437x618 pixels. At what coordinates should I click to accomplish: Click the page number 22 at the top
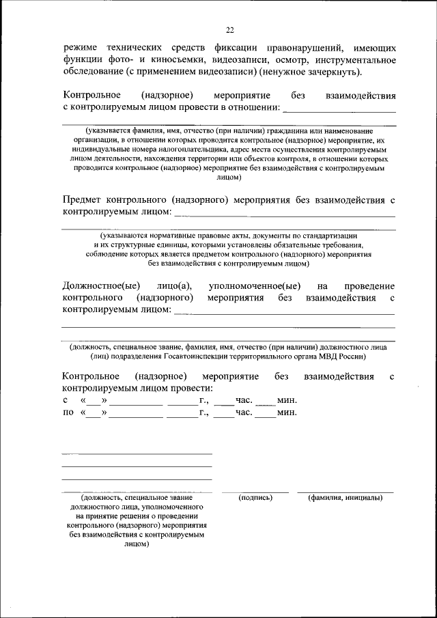click(229, 30)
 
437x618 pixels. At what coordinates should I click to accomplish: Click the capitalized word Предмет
click(82, 200)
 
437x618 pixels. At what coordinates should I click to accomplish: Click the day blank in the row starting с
click(94, 400)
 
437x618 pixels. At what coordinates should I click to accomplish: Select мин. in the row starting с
click(287, 400)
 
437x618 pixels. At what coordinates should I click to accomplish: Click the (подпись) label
click(255, 498)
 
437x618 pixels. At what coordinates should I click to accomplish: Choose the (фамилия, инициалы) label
click(345, 498)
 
